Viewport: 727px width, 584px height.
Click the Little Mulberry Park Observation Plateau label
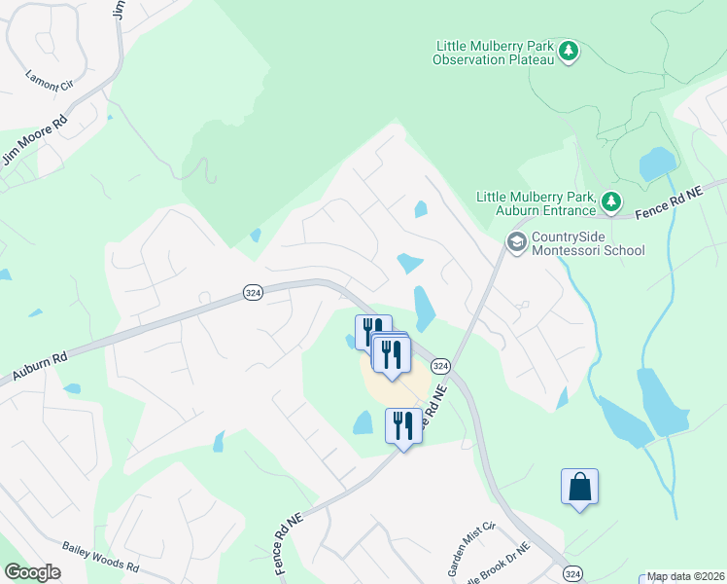click(494, 53)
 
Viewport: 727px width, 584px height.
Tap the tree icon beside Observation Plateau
click(570, 51)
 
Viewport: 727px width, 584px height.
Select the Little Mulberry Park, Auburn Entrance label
click(536, 203)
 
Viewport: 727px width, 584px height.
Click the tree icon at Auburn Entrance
click(610, 202)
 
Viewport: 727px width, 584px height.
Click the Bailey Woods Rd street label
click(100, 557)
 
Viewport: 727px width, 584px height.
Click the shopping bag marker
click(579, 487)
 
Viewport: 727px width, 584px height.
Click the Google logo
click(32, 572)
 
